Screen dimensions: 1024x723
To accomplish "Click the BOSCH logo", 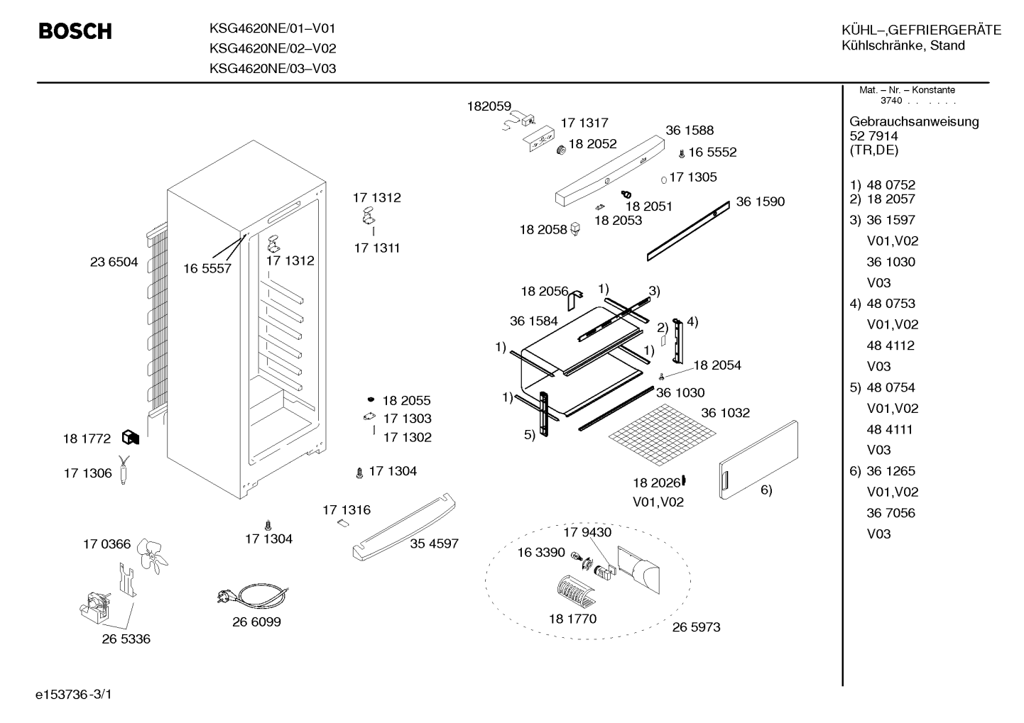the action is point(75,31).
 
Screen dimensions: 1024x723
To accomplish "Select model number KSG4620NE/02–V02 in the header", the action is point(273,48).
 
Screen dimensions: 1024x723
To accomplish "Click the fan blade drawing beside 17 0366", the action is point(152,556).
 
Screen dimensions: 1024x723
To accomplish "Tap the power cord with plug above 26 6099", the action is point(253,595).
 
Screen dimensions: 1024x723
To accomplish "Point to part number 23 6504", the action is point(114,262).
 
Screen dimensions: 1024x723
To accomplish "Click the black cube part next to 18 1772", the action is point(130,438).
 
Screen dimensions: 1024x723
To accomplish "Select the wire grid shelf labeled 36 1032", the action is point(662,434).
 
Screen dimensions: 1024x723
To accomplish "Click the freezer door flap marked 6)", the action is point(758,460).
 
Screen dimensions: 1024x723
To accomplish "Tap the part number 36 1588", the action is point(690,130).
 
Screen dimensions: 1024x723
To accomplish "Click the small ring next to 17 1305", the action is point(664,180).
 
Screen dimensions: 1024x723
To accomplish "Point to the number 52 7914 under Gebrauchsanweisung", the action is point(873,136).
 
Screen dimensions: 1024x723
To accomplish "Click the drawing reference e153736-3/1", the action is point(74,694).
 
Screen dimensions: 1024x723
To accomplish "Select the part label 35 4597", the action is point(434,543).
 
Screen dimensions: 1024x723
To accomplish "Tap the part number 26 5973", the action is point(696,627).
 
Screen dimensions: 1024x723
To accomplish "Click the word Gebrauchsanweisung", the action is point(914,121).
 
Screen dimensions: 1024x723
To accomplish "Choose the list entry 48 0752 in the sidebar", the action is point(891,184).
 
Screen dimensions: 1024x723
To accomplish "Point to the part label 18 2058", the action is point(543,229).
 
